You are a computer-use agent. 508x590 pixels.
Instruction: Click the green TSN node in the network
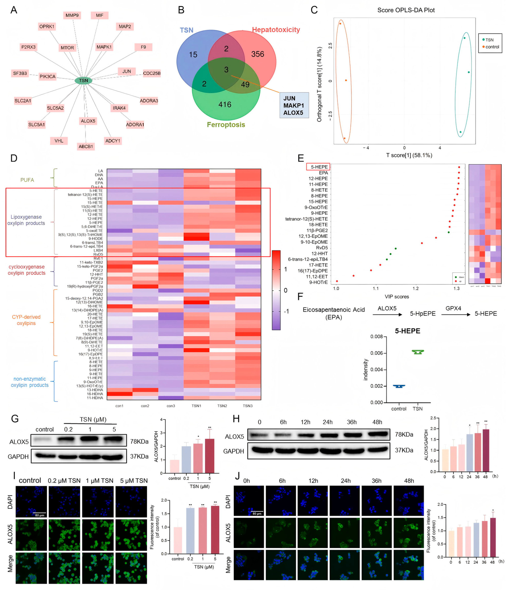(x=83, y=81)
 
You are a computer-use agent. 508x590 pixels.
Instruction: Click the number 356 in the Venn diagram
(x=257, y=54)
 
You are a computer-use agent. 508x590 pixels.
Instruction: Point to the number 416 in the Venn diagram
(x=225, y=105)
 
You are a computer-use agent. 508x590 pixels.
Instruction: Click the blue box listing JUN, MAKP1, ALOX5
(x=294, y=105)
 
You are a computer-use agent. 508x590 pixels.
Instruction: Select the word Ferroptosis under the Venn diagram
(x=226, y=125)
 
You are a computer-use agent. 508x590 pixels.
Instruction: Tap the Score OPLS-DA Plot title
(x=406, y=10)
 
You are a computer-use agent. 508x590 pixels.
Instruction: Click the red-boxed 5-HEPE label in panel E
(x=318, y=167)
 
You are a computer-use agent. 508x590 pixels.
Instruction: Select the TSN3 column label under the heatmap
(x=247, y=406)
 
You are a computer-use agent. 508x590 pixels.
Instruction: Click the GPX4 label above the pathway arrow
(x=453, y=308)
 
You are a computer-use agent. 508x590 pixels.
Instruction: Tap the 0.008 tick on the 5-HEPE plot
(x=376, y=337)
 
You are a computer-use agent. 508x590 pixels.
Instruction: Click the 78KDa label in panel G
(x=139, y=441)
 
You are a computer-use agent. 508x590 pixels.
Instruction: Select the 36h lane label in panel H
(x=351, y=422)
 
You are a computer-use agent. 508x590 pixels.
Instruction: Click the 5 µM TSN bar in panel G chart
(x=210, y=456)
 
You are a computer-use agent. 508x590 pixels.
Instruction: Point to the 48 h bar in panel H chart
(x=486, y=450)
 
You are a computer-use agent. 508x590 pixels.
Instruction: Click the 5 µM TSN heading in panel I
(x=134, y=481)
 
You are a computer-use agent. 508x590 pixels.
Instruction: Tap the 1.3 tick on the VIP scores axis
(x=456, y=288)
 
